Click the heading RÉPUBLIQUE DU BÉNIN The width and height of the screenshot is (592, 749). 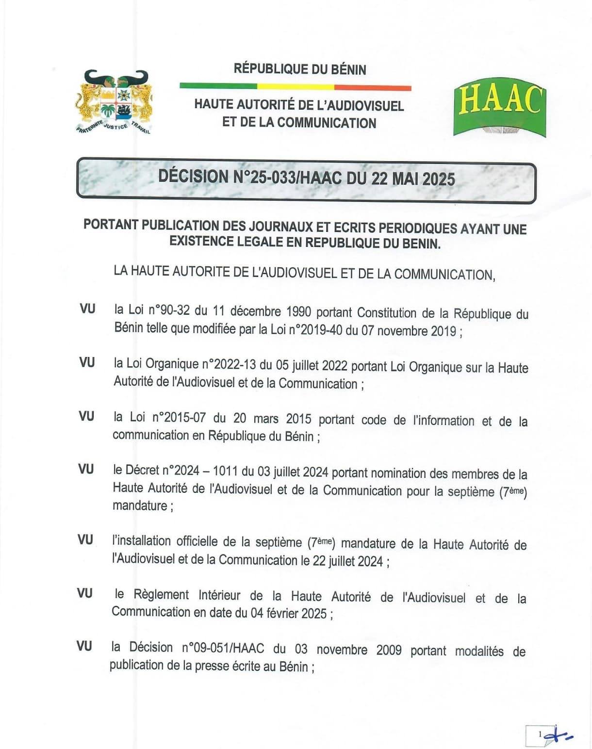click(300, 69)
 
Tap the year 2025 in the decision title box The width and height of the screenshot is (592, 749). click(439, 179)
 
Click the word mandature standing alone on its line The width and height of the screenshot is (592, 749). click(140, 505)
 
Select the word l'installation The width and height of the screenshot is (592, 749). click(141, 541)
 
